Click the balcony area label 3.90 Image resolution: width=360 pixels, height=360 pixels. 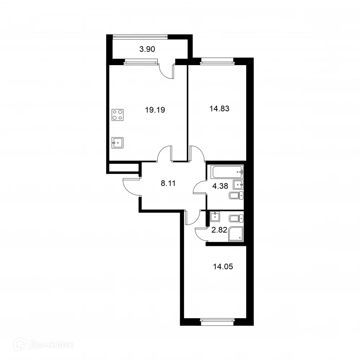click(x=147, y=49)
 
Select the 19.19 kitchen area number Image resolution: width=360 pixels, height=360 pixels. click(x=155, y=110)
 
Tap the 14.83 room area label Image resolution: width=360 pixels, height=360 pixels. click(x=219, y=108)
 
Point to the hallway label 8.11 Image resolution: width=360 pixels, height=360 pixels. click(x=168, y=183)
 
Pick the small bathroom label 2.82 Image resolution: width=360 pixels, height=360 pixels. click(x=219, y=230)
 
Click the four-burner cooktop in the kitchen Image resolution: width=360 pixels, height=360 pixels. click(x=117, y=114)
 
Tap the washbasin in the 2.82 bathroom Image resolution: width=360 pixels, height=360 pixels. click(x=215, y=216)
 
